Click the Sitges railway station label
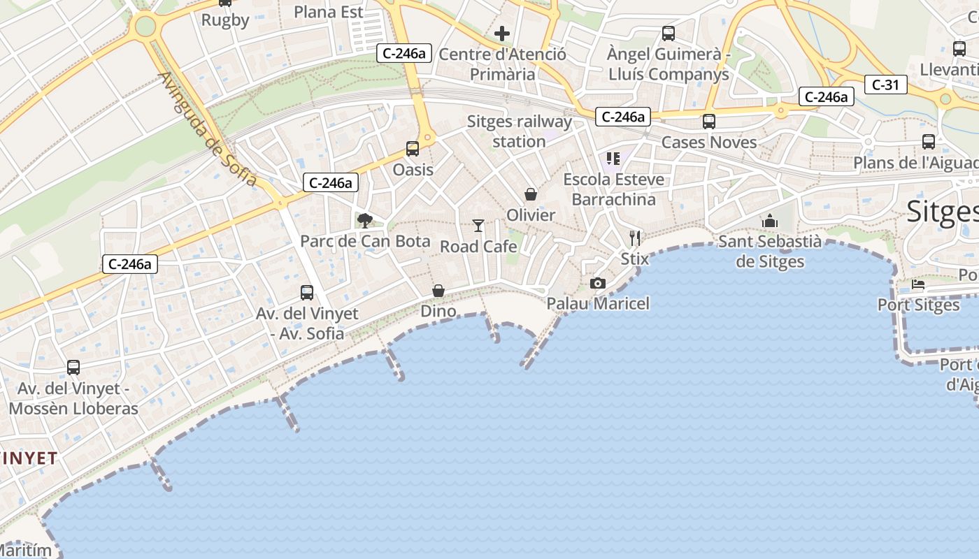[519, 131]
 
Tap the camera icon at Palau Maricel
[597, 283]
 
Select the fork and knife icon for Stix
[635, 238]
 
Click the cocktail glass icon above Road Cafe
[478, 225]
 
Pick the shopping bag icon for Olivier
[531, 194]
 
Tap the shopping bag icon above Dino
[438, 290]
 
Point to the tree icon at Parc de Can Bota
[364, 221]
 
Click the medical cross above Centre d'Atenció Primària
[502, 33]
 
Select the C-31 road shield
[885, 85]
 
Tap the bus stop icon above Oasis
[413, 148]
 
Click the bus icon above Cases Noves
[709, 121]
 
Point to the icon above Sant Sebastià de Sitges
[770, 221]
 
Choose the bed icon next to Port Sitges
[918, 285]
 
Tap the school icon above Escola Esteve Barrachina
[613, 159]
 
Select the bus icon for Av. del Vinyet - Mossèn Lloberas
[73, 367]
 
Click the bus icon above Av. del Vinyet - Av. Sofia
[307, 293]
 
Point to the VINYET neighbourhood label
[29, 458]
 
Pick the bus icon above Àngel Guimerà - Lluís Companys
[669, 33]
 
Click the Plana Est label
[329, 12]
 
